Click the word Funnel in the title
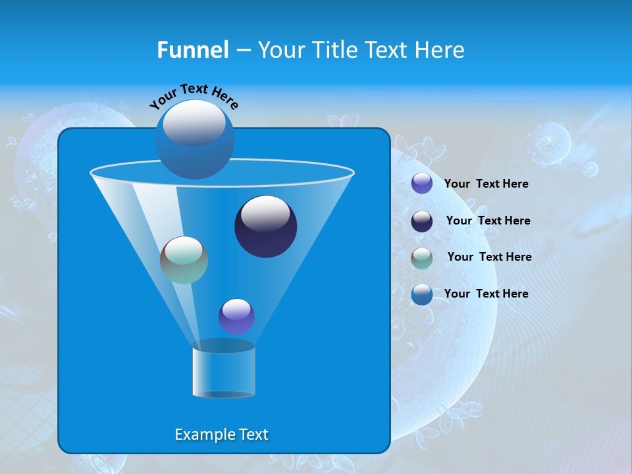pyautogui.click(x=192, y=50)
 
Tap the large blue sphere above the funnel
pyautogui.click(x=194, y=140)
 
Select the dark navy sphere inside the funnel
pyautogui.click(x=265, y=226)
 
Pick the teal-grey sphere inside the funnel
pyautogui.click(x=184, y=260)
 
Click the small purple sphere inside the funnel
pyautogui.click(x=236, y=316)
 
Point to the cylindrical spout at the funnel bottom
pyautogui.click(x=223, y=370)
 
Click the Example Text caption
pyautogui.click(x=221, y=434)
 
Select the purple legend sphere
pyautogui.click(x=421, y=184)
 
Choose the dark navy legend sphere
pyautogui.click(x=421, y=221)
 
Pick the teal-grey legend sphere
pyautogui.click(x=421, y=257)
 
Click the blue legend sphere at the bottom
pyautogui.click(x=421, y=294)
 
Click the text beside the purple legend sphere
pyautogui.click(x=486, y=184)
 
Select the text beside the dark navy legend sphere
pyautogui.click(x=488, y=221)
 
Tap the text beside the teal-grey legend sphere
pyautogui.click(x=489, y=257)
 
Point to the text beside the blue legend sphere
pyautogui.click(x=486, y=294)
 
